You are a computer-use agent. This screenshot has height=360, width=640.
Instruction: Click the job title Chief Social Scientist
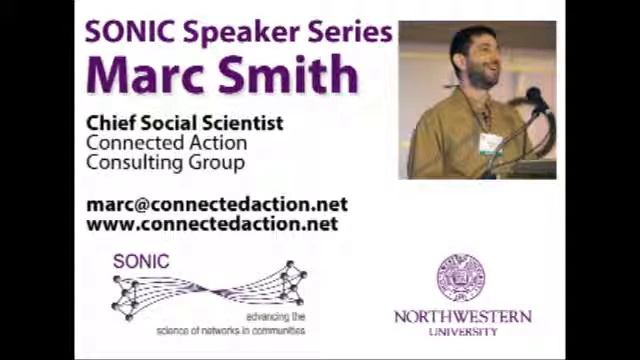pos(184,123)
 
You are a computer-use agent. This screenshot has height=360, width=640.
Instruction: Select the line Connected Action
pos(165,143)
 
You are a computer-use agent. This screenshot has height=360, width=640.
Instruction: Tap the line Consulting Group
pos(165,162)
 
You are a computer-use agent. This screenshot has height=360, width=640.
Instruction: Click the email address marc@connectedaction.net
pos(217,204)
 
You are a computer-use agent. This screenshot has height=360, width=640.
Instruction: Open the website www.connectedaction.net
pos(212,224)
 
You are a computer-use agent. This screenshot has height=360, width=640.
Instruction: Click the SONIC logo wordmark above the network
pos(141,262)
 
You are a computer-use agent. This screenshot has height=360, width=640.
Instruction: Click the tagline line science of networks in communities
pos(230,330)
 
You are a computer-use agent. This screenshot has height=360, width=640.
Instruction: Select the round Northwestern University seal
pos(461,278)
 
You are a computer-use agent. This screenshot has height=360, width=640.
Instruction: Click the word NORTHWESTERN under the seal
pos(462,317)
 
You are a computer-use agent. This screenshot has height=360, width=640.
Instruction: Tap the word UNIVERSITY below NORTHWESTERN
pos(462,332)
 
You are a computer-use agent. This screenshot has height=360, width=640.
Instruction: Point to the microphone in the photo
pos(536,99)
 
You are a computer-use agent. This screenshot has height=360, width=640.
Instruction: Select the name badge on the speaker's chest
pos(489,143)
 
